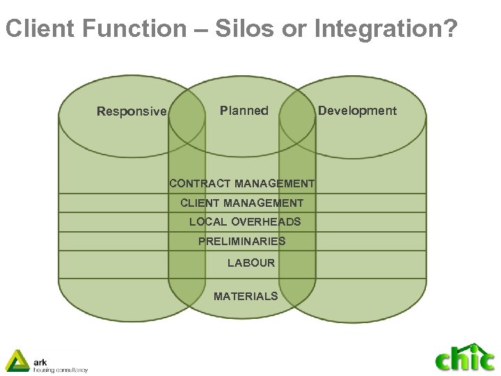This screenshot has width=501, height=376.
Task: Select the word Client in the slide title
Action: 40,29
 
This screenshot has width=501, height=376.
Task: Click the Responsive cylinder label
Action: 132,111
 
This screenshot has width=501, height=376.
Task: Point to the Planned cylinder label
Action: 244,110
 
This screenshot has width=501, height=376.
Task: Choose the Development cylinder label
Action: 357,111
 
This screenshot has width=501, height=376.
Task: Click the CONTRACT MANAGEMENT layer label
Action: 241,184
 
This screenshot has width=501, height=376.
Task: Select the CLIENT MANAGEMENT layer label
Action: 241,203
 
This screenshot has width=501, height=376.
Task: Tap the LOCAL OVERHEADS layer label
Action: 245,222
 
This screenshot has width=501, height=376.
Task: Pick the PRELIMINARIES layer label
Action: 241,242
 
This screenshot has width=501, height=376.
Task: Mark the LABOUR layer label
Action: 251,263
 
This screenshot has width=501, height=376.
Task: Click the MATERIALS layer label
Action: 246,297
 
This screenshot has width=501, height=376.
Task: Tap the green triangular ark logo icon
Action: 17,360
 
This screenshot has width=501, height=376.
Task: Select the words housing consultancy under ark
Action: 61,370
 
